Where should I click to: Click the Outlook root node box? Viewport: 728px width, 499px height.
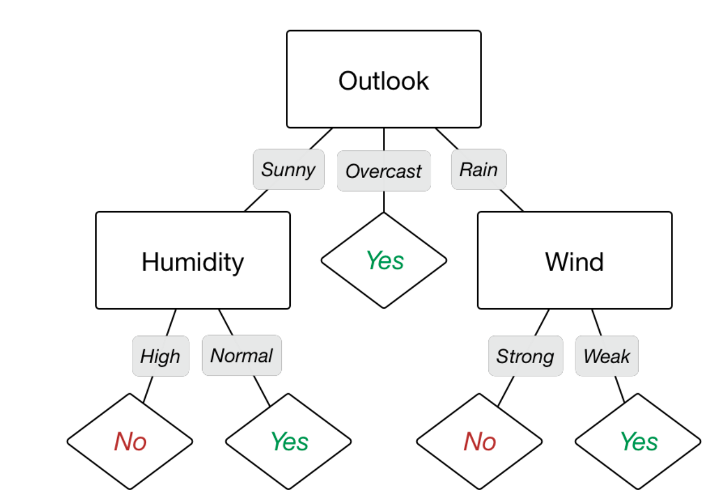click(383, 79)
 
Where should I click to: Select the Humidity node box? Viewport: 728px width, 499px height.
click(193, 260)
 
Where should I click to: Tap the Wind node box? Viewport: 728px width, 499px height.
click(574, 260)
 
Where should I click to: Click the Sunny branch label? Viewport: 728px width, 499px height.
click(289, 170)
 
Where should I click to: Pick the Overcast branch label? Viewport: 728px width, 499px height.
click(383, 171)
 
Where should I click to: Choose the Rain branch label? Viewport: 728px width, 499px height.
click(478, 169)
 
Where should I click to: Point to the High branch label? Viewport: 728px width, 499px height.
click(160, 356)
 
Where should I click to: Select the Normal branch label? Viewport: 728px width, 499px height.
click(241, 355)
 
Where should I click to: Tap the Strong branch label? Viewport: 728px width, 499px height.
click(525, 356)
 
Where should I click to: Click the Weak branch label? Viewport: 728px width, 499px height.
click(606, 356)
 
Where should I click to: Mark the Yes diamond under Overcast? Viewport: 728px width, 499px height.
click(383, 260)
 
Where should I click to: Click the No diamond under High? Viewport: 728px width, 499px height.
click(130, 441)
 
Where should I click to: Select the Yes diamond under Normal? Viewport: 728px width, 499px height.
click(289, 441)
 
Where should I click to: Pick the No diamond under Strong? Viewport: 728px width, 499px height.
click(479, 441)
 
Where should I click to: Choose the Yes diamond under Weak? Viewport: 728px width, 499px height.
click(638, 441)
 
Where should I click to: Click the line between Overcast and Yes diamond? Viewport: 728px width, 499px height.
click(383, 202)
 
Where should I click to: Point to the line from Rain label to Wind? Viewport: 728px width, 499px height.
click(512, 201)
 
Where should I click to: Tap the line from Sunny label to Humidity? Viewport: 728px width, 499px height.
click(256, 201)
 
